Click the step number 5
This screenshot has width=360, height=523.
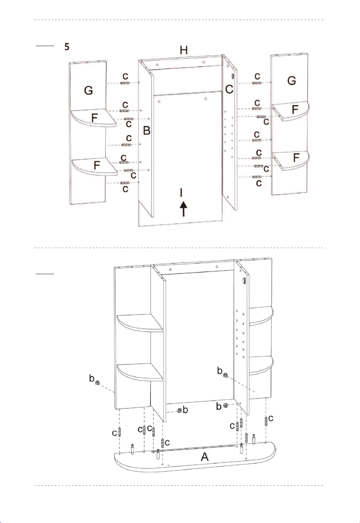point(67,47)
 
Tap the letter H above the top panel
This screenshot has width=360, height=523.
point(184,50)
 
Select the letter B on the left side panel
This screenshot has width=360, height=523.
point(147,131)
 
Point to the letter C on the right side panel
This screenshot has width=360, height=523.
point(229,89)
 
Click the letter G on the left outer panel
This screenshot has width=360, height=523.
point(88,90)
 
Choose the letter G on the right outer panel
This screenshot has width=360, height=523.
point(292,81)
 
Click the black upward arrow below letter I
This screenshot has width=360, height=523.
point(183,209)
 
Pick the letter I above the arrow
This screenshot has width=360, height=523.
point(181,193)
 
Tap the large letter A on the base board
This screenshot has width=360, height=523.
point(205,457)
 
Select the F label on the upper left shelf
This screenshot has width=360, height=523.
point(95,118)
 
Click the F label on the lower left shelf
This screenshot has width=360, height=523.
point(97,166)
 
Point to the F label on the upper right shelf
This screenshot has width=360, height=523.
point(295,109)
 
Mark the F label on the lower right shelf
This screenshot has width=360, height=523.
point(296,158)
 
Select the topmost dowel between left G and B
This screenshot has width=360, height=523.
point(124,83)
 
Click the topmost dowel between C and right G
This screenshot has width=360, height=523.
point(257,83)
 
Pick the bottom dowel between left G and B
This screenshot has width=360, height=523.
point(124,183)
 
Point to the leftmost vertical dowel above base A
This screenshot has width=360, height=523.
point(120,432)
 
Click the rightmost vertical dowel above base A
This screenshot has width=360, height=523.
point(266,421)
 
